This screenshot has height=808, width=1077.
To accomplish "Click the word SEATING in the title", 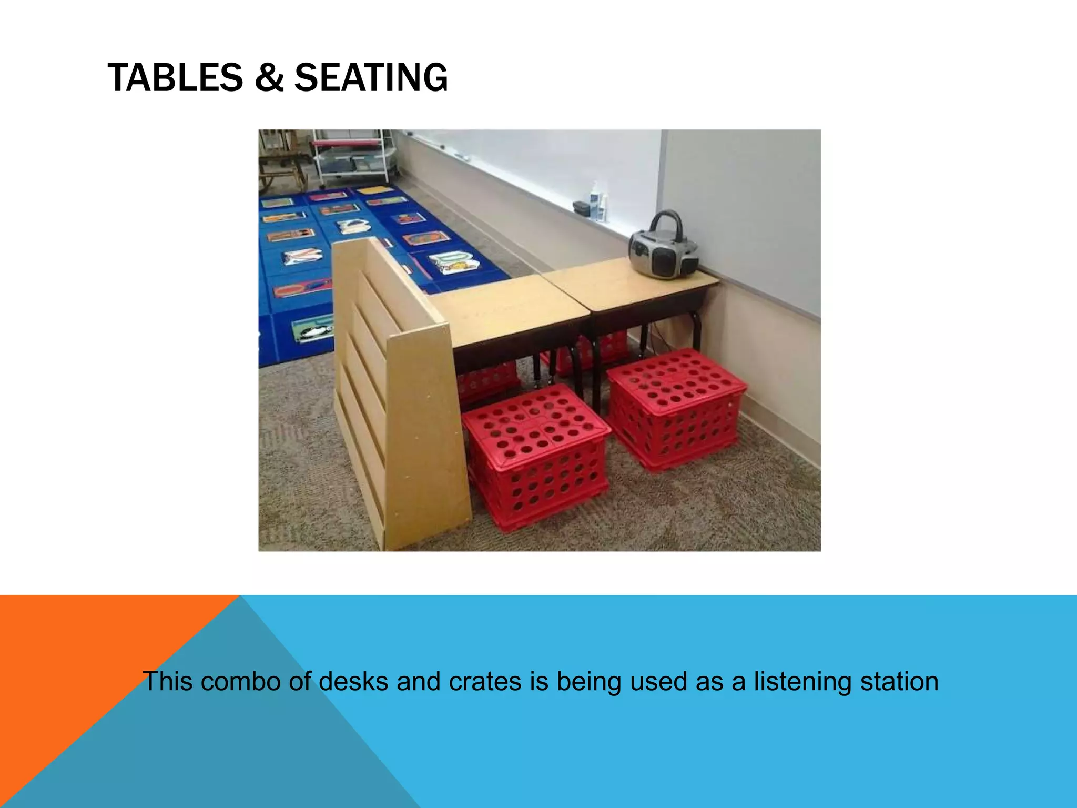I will (371, 78).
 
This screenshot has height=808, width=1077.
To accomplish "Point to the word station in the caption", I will (900, 681).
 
